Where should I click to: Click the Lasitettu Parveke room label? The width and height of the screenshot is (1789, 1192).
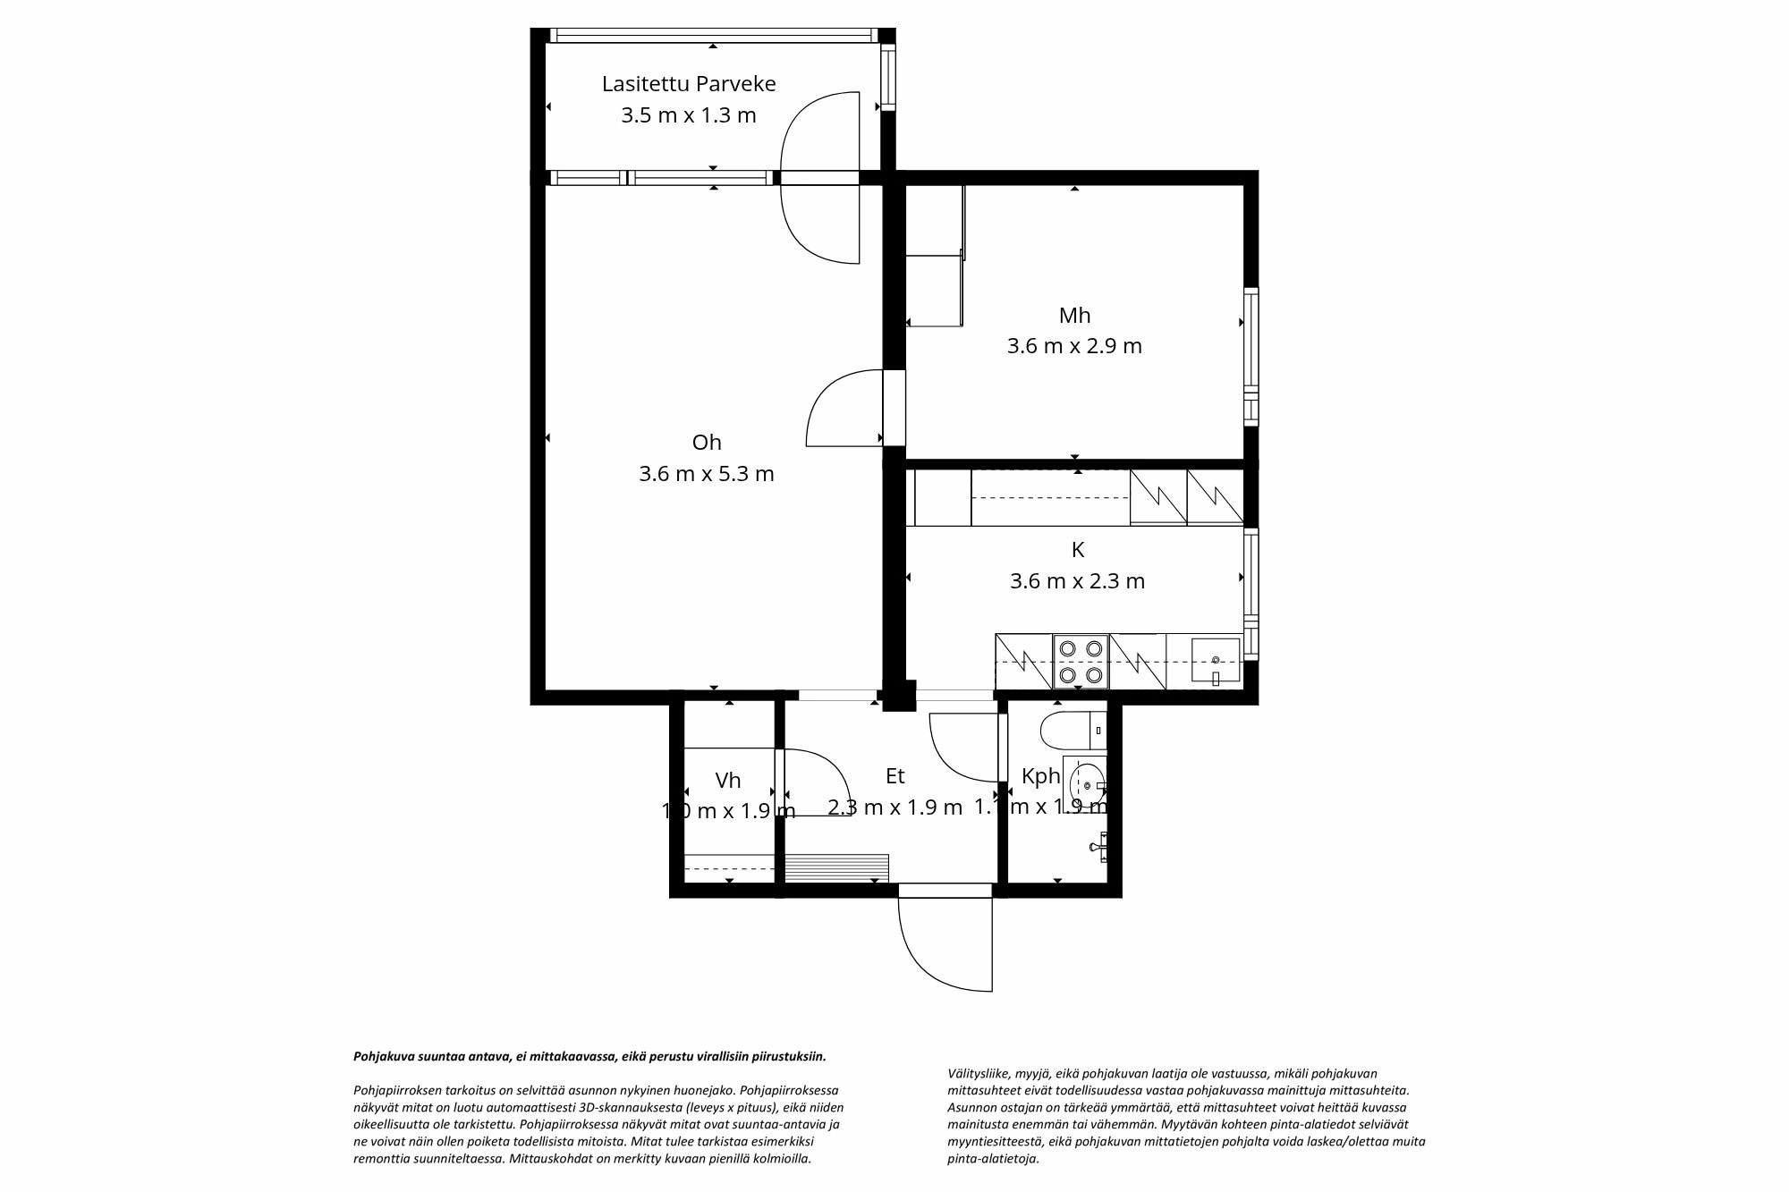(x=688, y=84)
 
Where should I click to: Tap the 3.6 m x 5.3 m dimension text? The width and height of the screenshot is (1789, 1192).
(x=706, y=474)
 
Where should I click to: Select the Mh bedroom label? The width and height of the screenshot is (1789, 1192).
(x=1074, y=316)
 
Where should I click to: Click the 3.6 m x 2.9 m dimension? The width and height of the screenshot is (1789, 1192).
(x=1074, y=346)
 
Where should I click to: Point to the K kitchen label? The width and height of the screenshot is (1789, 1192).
(x=1077, y=550)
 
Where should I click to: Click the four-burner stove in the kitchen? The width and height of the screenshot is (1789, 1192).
(x=1081, y=662)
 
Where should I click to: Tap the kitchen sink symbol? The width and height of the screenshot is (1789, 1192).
(x=1215, y=662)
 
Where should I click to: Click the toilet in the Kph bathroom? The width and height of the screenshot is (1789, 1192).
(x=1072, y=731)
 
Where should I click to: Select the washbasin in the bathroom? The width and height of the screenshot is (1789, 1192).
(x=1086, y=784)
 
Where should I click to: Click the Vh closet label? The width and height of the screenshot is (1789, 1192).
(x=728, y=781)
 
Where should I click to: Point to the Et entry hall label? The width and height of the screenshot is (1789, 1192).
(x=894, y=777)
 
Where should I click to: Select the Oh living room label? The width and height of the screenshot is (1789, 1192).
(x=706, y=443)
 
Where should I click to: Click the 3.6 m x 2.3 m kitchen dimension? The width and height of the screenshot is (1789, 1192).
(x=1077, y=582)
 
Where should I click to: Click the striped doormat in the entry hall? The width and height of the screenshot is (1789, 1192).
(x=835, y=867)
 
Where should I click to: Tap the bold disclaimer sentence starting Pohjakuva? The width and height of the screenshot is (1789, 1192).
(x=589, y=1056)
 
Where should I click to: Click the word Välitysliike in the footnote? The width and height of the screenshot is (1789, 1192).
(x=977, y=1074)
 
